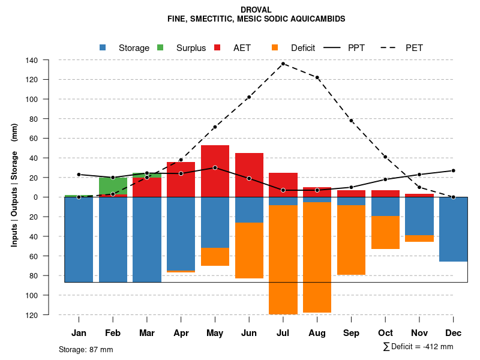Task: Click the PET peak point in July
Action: click(x=283, y=64)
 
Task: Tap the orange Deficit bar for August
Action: click(x=317, y=257)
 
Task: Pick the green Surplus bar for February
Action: click(x=113, y=185)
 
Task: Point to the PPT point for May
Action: click(x=215, y=167)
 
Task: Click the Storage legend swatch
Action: click(x=103, y=48)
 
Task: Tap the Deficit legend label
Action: click(x=303, y=48)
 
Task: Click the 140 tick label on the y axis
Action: click(x=49, y=60)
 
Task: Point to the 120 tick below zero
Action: click(x=49, y=315)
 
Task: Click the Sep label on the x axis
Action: click(x=352, y=333)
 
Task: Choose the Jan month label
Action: click(x=79, y=333)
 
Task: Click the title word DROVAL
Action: click(x=256, y=10)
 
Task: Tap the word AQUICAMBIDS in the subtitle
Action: click(x=318, y=19)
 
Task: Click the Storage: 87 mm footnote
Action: click(x=86, y=349)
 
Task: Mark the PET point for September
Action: click(x=352, y=121)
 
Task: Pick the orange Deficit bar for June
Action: click(x=249, y=250)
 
